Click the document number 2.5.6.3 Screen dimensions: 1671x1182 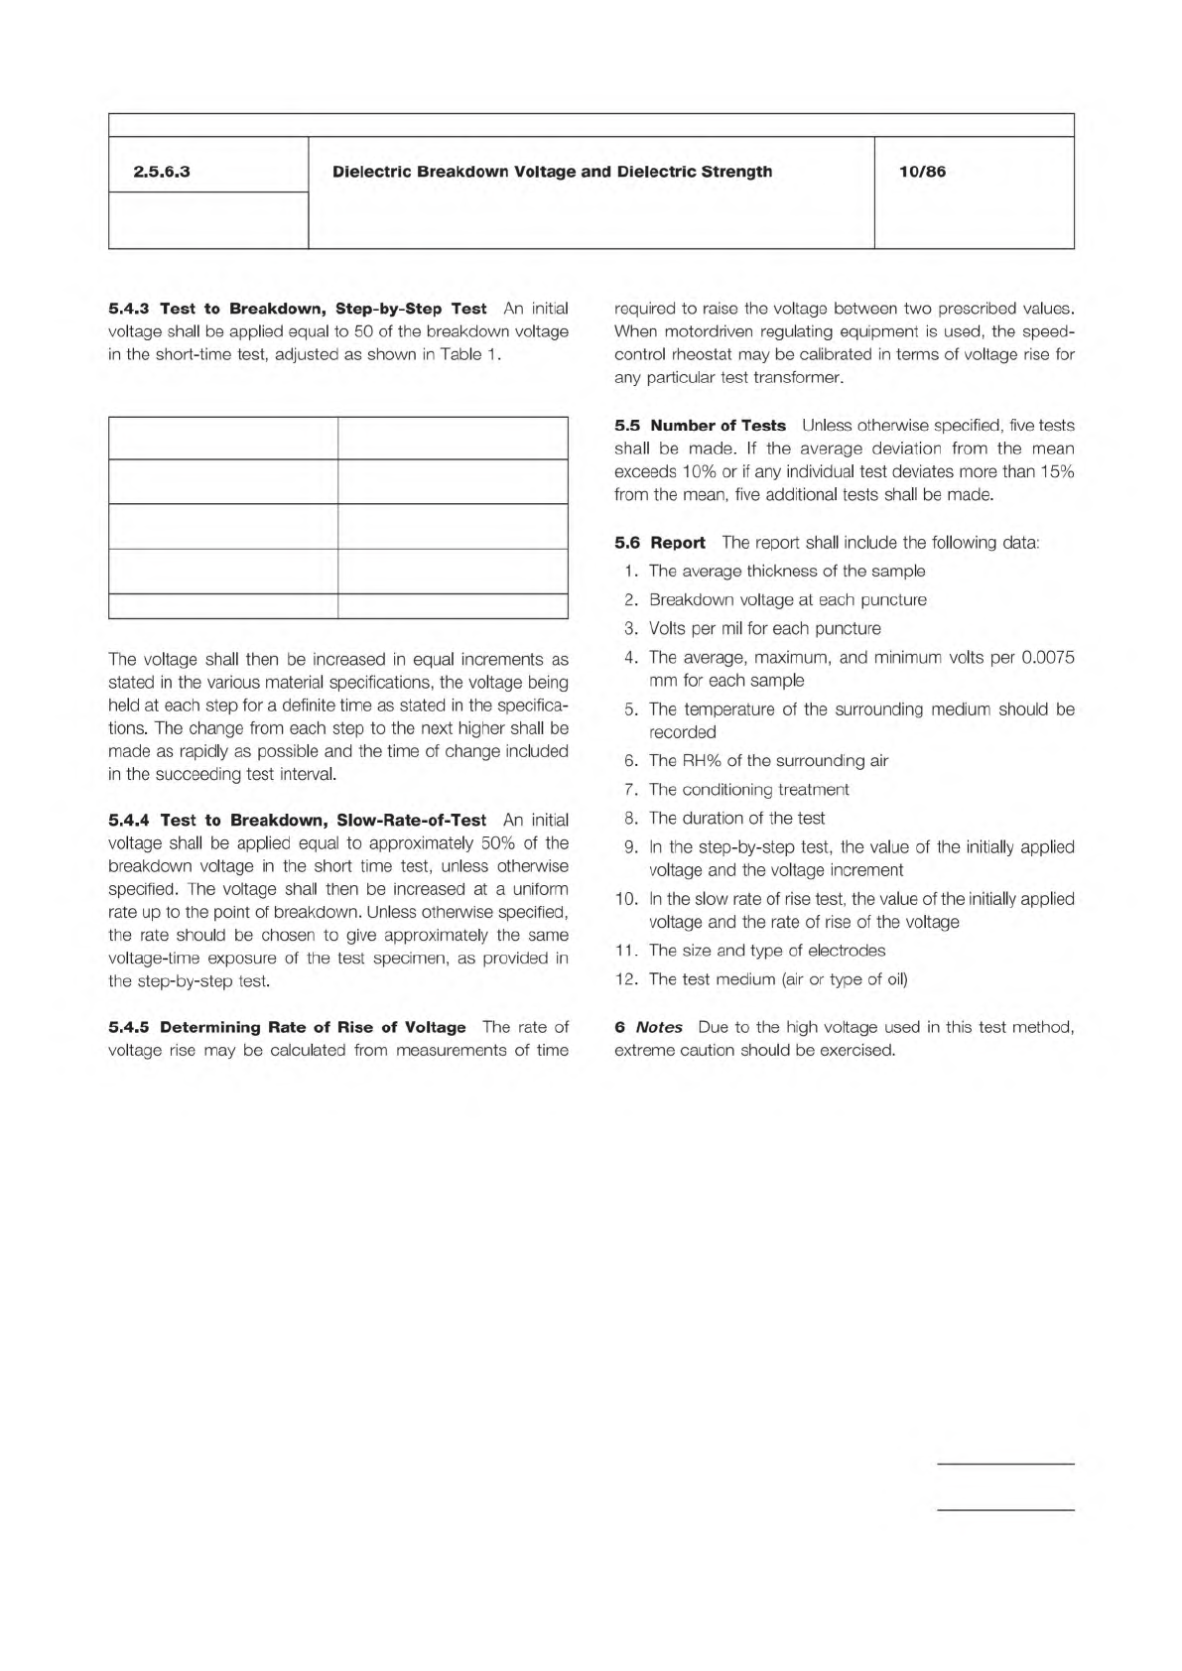[x=162, y=172]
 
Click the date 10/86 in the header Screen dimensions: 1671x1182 [x=922, y=172]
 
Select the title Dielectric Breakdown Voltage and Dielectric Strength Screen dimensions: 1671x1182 [x=552, y=172]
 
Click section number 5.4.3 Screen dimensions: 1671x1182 [x=129, y=309]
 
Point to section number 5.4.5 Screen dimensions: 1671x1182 [x=129, y=1027]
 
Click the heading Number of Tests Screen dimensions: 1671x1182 [x=718, y=426]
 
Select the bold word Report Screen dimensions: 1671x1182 [x=678, y=543]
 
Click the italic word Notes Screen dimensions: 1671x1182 [x=659, y=1027]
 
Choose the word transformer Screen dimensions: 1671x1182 [x=797, y=378]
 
